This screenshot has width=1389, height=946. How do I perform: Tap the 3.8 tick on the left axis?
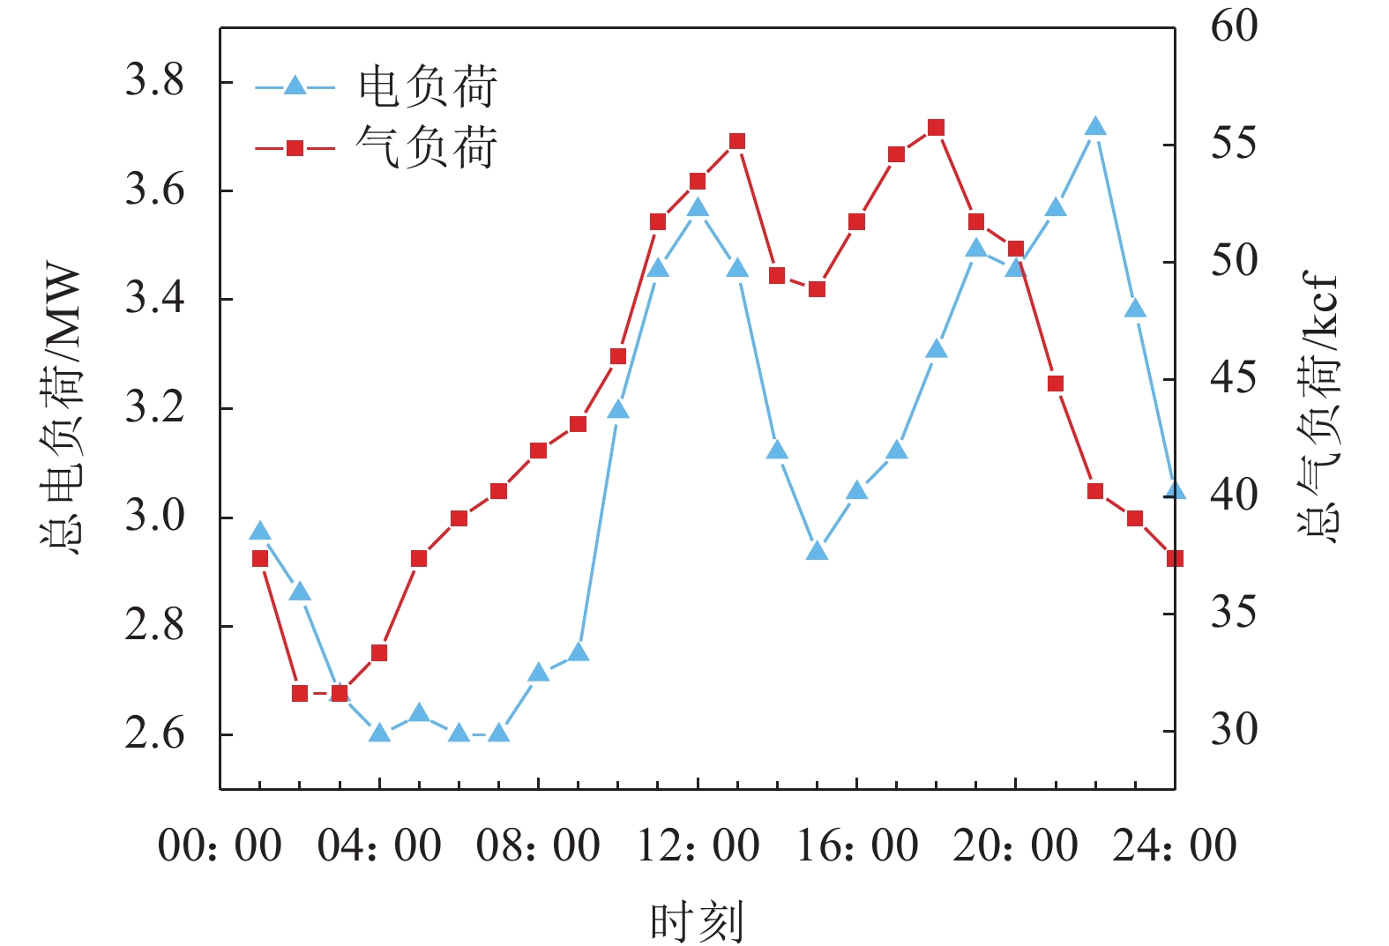(155, 81)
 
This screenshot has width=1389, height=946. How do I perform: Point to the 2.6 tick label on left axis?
(155, 734)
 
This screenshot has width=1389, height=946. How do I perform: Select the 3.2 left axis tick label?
(155, 408)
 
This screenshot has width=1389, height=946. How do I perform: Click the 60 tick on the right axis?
(1234, 26)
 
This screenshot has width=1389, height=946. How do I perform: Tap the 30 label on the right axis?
(1234, 730)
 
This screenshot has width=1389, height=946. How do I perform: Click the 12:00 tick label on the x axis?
(698, 845)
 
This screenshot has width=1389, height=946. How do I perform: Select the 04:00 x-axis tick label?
(379, 845)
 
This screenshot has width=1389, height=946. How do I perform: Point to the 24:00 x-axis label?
(1174, 845)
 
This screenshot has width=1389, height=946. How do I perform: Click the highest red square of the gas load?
(937, 128)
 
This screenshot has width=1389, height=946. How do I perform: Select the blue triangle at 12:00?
(698, 208)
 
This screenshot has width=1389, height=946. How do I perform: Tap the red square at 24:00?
(1174, 558)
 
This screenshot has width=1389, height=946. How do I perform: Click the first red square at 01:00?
(260, 558)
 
